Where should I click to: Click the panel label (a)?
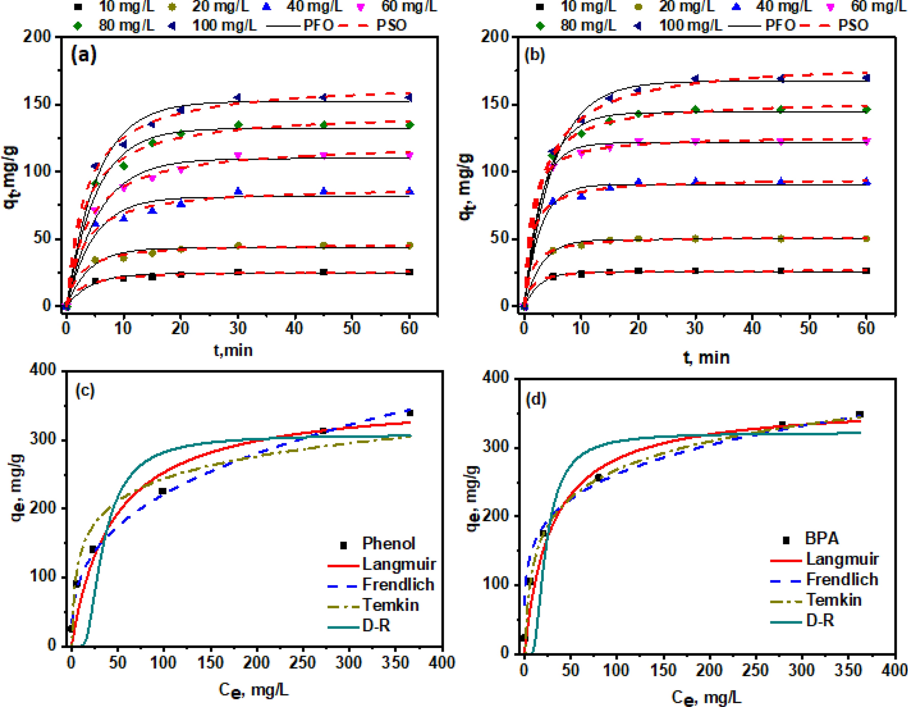point(84,54)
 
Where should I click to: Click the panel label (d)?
point(537,399)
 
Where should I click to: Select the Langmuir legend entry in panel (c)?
point(399,564)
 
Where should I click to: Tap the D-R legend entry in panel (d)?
point(820,621)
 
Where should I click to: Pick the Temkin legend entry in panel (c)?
point(390,605)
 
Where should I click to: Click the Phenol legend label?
point(388,543)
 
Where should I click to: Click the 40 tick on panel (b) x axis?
point(752,328)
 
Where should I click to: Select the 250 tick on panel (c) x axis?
point(302,663)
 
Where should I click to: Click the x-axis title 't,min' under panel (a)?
point(233,350)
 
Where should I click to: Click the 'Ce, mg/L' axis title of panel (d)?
point(706,697)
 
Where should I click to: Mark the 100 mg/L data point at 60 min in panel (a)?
point(409,97)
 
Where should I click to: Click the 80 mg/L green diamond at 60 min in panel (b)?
point(866,109)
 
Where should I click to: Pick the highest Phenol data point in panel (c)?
point(409,413)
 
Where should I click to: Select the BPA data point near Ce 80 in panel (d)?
point(598,477)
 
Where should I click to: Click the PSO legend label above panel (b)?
point(853,25)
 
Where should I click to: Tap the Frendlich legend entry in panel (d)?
point(842,580)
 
